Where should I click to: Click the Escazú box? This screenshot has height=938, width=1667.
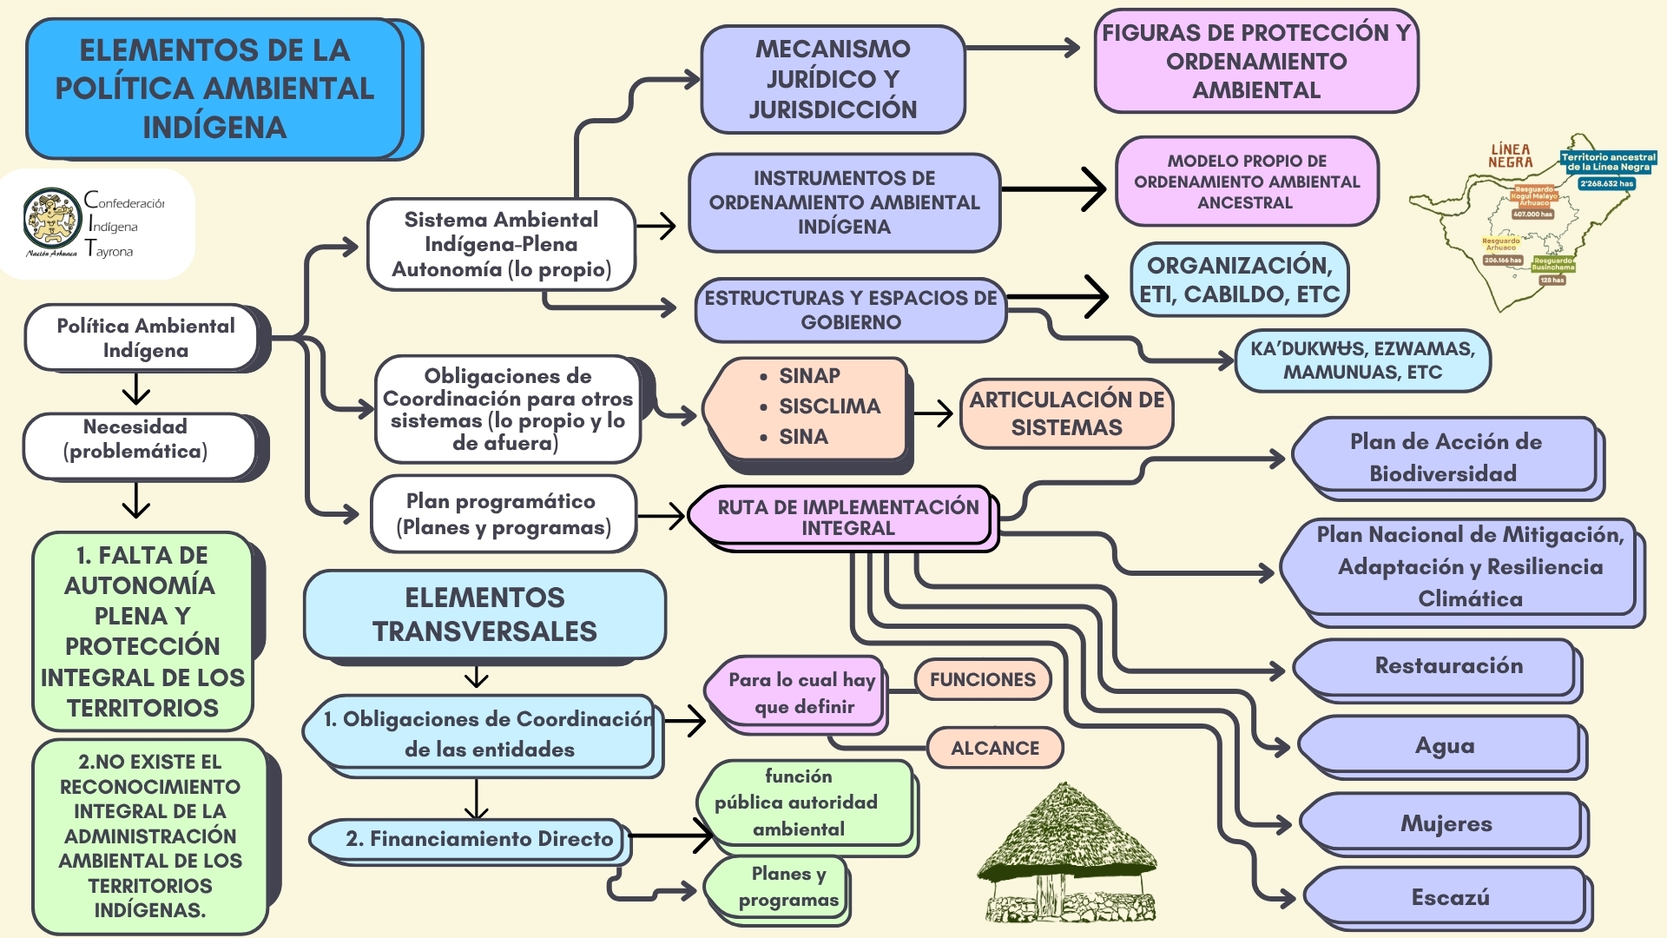click(1448, 897)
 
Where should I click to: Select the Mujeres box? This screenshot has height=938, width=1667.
click(1445, 823)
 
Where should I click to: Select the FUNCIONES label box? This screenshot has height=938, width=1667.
click(982, 679)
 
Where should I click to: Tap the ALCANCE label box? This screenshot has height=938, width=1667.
click(994, 748)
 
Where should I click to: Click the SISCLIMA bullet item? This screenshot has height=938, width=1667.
click(828, 406)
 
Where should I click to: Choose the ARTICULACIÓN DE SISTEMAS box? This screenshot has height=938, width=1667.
click(1066, 413)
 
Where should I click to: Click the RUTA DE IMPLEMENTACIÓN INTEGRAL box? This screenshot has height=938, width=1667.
click(846, 518)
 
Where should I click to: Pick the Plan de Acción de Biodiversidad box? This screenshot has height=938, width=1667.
click(1446, 458)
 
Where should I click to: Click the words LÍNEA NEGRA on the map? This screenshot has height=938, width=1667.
click(1510, 156)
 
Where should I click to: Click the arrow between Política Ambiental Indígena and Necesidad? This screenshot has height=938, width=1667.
click(136, 390)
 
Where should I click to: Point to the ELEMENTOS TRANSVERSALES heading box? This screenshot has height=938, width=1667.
click(484, 614)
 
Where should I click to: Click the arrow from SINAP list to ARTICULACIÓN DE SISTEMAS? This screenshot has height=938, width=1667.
click(933, 413)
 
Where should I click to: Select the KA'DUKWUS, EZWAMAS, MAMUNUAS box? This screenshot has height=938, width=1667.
click(1361, 360)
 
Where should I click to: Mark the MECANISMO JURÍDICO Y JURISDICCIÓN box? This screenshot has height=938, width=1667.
click(833, 79)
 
